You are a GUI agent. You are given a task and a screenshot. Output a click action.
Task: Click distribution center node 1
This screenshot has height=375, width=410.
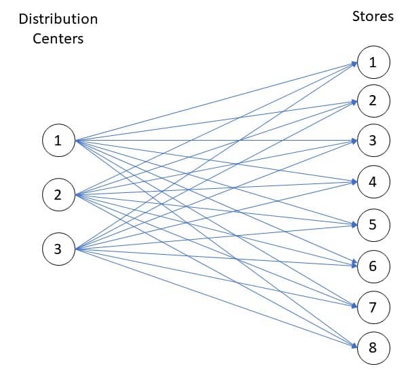click(58, 141)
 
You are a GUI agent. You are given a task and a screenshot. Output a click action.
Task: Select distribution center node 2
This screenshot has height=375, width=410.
click(58, 195)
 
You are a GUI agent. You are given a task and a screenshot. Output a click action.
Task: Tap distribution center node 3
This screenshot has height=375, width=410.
click(58, 249)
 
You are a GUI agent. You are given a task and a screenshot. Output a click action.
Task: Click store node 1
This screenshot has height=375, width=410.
click(372, 62)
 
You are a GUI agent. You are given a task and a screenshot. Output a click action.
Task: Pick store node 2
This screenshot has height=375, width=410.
click(372, 101)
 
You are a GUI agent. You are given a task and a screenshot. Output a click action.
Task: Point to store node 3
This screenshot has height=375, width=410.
click(372, 141)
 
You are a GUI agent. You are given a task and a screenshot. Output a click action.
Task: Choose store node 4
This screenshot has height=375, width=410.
click(372, 181)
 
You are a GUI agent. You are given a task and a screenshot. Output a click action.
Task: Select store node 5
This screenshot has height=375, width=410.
click(372, 224)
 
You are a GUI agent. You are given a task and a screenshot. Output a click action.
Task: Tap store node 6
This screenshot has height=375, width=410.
click(372, 265)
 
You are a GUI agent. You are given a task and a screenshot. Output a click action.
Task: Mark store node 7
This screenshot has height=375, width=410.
click(372, 307)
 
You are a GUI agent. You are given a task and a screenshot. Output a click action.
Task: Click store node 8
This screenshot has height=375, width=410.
click(372, 349)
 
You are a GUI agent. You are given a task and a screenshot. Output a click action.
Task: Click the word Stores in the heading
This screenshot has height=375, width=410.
click(373, 16)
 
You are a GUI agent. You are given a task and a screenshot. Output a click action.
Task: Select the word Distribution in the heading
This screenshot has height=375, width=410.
click(58, 18)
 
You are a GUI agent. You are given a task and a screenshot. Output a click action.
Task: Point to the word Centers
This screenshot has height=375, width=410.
click(58, 39)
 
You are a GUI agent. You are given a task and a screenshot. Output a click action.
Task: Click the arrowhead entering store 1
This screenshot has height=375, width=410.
click(354, 63)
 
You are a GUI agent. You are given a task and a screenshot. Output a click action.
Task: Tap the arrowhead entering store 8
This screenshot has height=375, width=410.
click(354, 348)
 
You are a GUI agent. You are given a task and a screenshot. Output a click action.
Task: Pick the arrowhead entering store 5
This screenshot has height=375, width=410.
click(354, 224)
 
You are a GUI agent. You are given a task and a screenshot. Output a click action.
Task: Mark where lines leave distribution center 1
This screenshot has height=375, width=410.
click(75, 141)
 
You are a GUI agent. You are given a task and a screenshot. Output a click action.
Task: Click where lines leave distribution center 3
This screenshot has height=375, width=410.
click(75, 249)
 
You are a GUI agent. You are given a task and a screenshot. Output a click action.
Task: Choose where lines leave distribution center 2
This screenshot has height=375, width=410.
click(75, 195)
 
